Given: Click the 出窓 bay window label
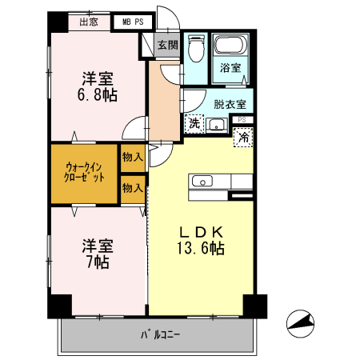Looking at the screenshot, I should tap(89, 22).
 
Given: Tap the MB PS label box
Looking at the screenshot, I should tap(133, 22).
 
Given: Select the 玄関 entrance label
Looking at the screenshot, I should tap(166, 46).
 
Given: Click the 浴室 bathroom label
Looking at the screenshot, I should tap(231, 69).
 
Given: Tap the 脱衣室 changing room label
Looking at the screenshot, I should tap(230, 102).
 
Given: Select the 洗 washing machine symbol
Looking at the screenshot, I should tap(194, 122).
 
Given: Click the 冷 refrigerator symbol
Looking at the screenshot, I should tap(243, 136).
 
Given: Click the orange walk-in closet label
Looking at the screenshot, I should tap(85, 172).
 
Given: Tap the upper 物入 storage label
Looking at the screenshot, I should tap(133, 158).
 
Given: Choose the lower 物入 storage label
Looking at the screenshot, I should tap(133, 188).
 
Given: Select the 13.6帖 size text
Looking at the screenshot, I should tap(201, 248).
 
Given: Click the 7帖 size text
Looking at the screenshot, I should tap(96, 262).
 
